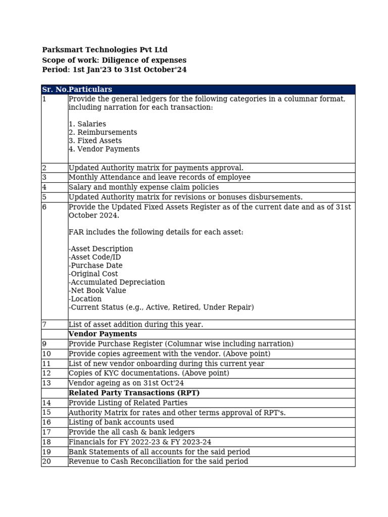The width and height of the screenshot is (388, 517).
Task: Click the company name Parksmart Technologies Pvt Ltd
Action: click(105, 50)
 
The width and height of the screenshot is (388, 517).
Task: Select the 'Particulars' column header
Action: click(90, 89)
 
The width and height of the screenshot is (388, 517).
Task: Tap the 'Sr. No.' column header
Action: click(55, 89)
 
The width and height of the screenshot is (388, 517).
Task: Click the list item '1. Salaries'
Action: click(87, 124)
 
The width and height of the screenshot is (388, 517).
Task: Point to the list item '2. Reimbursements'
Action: click(103, 132)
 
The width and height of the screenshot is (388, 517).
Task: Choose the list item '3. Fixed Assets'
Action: click(95, 141)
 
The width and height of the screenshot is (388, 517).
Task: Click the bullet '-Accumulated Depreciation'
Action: click(117, 282)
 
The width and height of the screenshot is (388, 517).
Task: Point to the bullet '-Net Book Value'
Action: click(98, 291)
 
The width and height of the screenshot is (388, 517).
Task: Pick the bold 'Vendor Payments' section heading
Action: click(103, 334)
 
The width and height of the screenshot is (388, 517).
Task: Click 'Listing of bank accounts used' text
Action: click(121, 422)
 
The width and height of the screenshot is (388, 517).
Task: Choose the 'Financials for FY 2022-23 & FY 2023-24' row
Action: click(140, 442)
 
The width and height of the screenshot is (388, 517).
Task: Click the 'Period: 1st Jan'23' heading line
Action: click(114, 70)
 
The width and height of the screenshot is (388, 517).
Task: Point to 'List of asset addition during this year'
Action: click(136, 325)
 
